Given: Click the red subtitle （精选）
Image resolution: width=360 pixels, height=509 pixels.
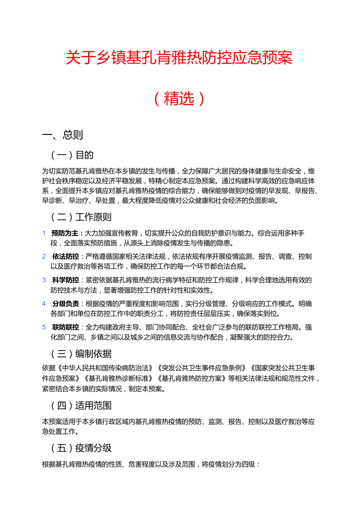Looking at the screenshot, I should point(179,99).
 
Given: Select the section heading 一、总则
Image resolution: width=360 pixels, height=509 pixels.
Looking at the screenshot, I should point(63,135).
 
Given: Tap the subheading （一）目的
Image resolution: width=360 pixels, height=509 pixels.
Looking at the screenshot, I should point(72,155).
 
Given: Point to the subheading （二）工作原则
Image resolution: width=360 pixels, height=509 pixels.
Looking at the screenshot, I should point(81,217).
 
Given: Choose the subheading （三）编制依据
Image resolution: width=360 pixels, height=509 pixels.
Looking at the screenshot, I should point(81,354).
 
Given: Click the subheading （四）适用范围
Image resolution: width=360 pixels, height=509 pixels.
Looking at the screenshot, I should point(81,405).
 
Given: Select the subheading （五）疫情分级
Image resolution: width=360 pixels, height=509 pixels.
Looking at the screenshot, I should point(81,448).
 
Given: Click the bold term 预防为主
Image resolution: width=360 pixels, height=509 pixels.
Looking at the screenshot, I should point(65,233).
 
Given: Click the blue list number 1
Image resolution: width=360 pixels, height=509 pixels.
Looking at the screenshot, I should point(44,233).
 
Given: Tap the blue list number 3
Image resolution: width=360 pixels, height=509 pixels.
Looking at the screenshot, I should point(44,280).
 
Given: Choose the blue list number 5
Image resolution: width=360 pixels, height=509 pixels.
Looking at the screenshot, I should point(44,327).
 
